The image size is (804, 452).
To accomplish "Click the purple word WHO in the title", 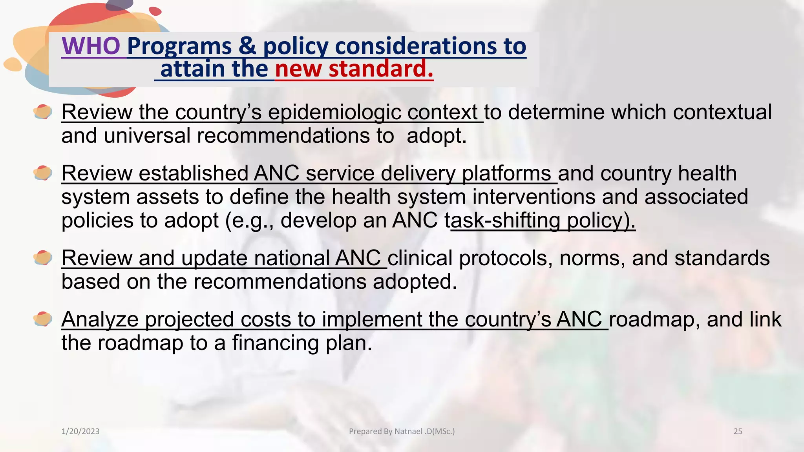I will [x=91, y=46].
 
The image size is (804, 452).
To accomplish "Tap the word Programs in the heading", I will [x=179, y=46].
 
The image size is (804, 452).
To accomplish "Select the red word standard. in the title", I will [x=381, y=69].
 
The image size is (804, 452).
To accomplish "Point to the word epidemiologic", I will [x=334, y=113].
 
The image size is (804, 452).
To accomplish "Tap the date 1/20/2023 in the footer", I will [x=80, y=432].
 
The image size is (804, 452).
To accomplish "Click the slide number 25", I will [x=738, y=432].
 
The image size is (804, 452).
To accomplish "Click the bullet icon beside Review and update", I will [x=43, y=258].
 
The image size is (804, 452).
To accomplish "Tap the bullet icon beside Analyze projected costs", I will [x=43, y=319].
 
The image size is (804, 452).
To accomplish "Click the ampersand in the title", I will [x=247, y=46].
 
